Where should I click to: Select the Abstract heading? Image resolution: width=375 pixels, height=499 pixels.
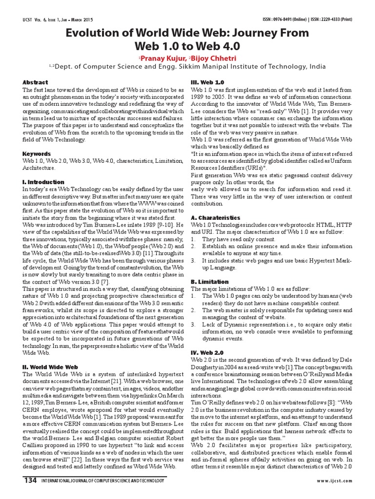tap(35, 82)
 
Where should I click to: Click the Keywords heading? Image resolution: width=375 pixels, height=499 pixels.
tap(37, 154)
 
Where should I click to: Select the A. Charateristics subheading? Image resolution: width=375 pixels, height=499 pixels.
tap(215, 218)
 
